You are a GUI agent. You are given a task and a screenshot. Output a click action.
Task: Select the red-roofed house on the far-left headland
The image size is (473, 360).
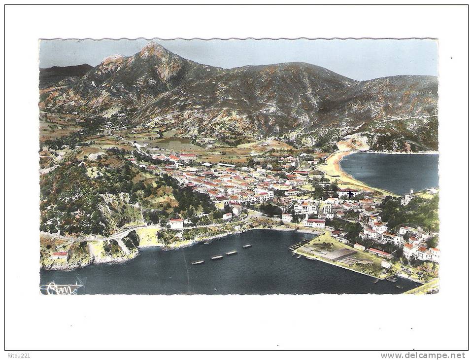tap(60, 255)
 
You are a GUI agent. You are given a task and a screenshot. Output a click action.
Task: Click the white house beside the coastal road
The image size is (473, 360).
tap(176, 223)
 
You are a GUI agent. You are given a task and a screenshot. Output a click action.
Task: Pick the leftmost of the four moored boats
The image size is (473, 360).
tap(198, 262)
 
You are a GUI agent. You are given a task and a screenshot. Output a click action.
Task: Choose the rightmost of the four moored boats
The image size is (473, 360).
tap(247, 246)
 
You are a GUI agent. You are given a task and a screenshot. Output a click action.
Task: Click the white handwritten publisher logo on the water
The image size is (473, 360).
tap(61, 288)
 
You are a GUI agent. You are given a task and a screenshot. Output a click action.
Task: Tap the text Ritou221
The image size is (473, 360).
tap(18, 356)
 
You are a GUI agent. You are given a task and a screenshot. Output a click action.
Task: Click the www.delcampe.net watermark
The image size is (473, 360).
tap(423, 356)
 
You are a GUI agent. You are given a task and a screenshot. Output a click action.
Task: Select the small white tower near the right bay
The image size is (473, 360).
tap(411, 192)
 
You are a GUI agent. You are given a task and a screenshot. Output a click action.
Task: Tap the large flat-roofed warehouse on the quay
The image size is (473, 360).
tap(335, 254)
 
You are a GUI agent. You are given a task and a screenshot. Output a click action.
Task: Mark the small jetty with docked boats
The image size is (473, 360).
tap(298, 245)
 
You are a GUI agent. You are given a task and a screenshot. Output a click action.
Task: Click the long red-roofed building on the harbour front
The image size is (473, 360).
tap(314, 223)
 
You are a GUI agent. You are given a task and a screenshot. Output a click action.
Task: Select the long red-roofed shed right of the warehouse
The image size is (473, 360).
tap(379, 253)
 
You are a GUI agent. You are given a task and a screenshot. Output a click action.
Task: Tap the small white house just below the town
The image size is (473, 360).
tap(227, 216)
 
